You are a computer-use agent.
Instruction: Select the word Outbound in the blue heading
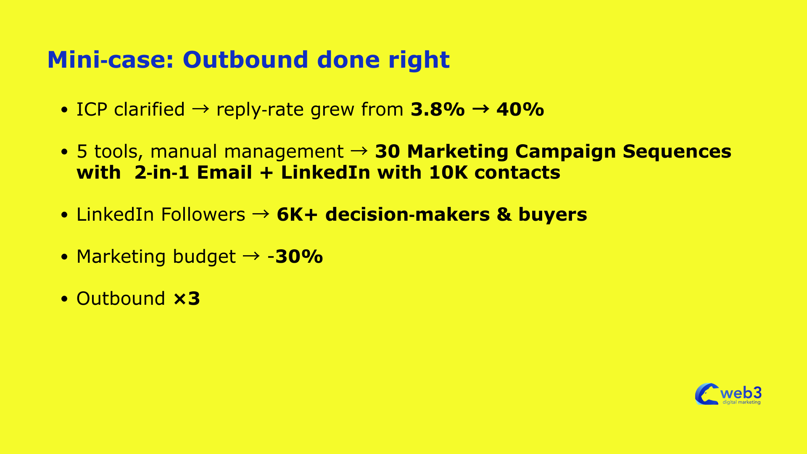coord(245,60)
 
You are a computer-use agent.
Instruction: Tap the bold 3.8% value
coord(438,109)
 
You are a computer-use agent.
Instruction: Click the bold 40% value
coord(520,109)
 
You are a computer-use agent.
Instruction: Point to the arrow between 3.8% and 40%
coord(480,109)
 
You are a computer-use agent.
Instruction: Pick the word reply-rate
coord(260,110)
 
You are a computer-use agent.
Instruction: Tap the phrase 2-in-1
coord(162,172)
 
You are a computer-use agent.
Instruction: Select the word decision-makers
coord(408,214)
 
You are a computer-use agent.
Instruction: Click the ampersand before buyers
coord(504,214)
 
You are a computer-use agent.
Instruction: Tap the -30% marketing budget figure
coord(295,256)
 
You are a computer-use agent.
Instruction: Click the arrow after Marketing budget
coord(251,256)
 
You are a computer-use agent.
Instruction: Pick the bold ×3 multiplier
coord(187,298)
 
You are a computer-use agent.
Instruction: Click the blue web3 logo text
coord(741,393)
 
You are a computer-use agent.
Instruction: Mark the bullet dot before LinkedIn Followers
coord(64,215)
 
